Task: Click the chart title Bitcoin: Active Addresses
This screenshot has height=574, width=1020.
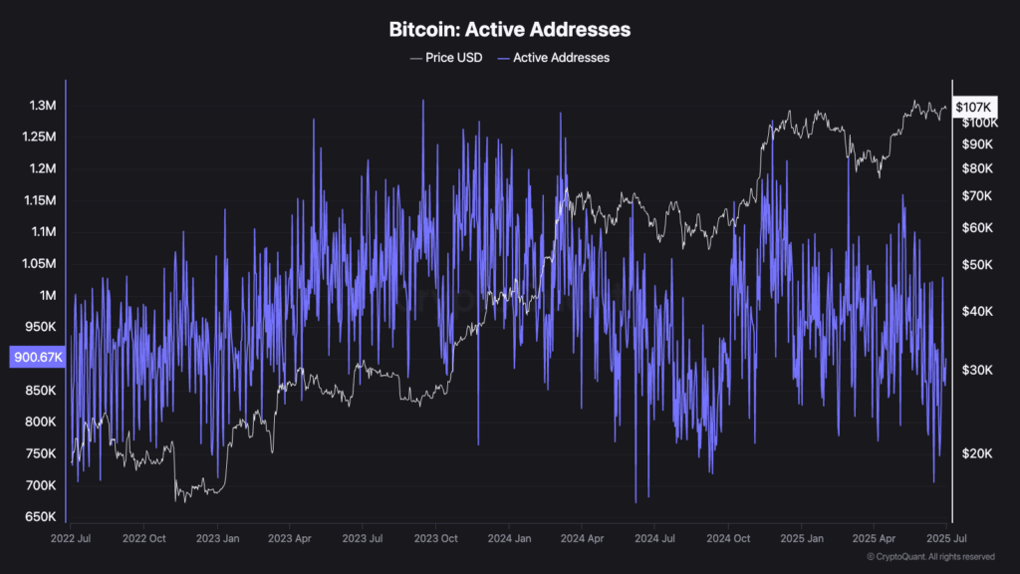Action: click(509, 30)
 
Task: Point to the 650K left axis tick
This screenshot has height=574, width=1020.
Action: click(40, 517)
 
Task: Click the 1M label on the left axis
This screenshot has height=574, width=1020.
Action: click(47, 295)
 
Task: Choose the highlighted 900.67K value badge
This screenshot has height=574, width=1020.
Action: click(37, 358)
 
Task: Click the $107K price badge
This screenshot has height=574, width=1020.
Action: click(972, 107)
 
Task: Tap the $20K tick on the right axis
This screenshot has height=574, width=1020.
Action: click(970, 453)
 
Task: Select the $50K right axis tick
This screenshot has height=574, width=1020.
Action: click(970, 265)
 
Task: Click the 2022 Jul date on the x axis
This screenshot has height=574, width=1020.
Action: click(71, 538)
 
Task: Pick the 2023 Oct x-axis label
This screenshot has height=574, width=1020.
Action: click(435, 538)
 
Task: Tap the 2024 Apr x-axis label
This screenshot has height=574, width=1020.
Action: click(581, 538)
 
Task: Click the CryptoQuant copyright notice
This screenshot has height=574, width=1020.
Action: click(929, 556)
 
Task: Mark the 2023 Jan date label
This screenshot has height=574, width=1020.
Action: click(217, 538)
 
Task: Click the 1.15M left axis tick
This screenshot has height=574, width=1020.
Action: click(40, 200)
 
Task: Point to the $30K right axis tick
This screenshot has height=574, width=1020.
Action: click(970, 370)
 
